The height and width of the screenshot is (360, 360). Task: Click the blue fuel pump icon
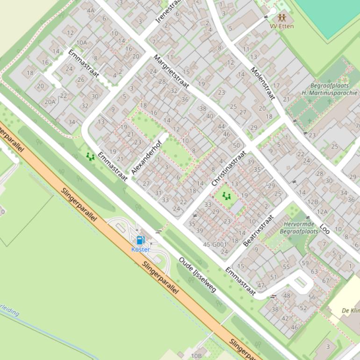click(x=140, y=240)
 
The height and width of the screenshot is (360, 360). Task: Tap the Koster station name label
click(x=140, y=250)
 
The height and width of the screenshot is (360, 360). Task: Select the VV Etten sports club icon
click(x=282, y=17)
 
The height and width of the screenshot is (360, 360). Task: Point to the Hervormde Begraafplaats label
click(x=299, y=228)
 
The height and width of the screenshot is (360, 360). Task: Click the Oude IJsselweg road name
click(x=197, y=275)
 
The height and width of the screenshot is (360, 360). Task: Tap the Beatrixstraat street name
click(x=258, y=230)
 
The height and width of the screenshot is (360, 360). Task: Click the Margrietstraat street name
click(x=171, y=72)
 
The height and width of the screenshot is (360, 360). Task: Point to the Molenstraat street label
click(x=262, y=83)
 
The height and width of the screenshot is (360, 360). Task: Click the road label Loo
click(x=325, y=229)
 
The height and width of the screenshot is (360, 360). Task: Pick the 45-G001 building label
click(x=215, y=245)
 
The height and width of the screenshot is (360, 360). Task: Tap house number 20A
click(x=50, y=101)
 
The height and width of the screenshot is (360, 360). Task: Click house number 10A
click(x=81, y=43)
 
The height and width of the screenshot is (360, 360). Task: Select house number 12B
click(x=312, y=202)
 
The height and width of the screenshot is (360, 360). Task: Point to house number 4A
click(x=90, y=10)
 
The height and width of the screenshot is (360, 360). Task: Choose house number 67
click(x=325, y=281)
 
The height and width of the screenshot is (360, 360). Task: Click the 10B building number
click(x=196, y=356)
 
